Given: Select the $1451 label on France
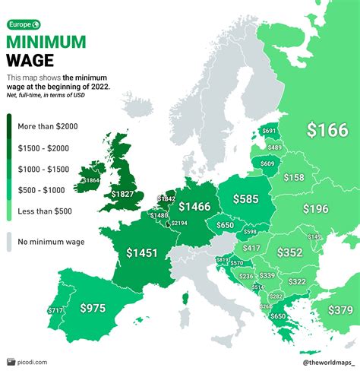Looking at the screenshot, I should (144, 252).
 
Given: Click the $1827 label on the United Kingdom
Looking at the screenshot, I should (124, 195).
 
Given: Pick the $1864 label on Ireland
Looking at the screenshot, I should (89, 180).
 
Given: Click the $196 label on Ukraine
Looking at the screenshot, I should (314, 208).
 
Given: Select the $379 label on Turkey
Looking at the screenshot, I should (339, 309).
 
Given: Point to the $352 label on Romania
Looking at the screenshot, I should (289, 252).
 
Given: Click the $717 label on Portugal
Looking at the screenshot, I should (56, 310).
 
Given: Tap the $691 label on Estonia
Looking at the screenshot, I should (269, 132).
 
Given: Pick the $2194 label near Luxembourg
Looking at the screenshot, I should (179, 223).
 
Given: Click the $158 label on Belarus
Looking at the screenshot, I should (293, 177).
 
